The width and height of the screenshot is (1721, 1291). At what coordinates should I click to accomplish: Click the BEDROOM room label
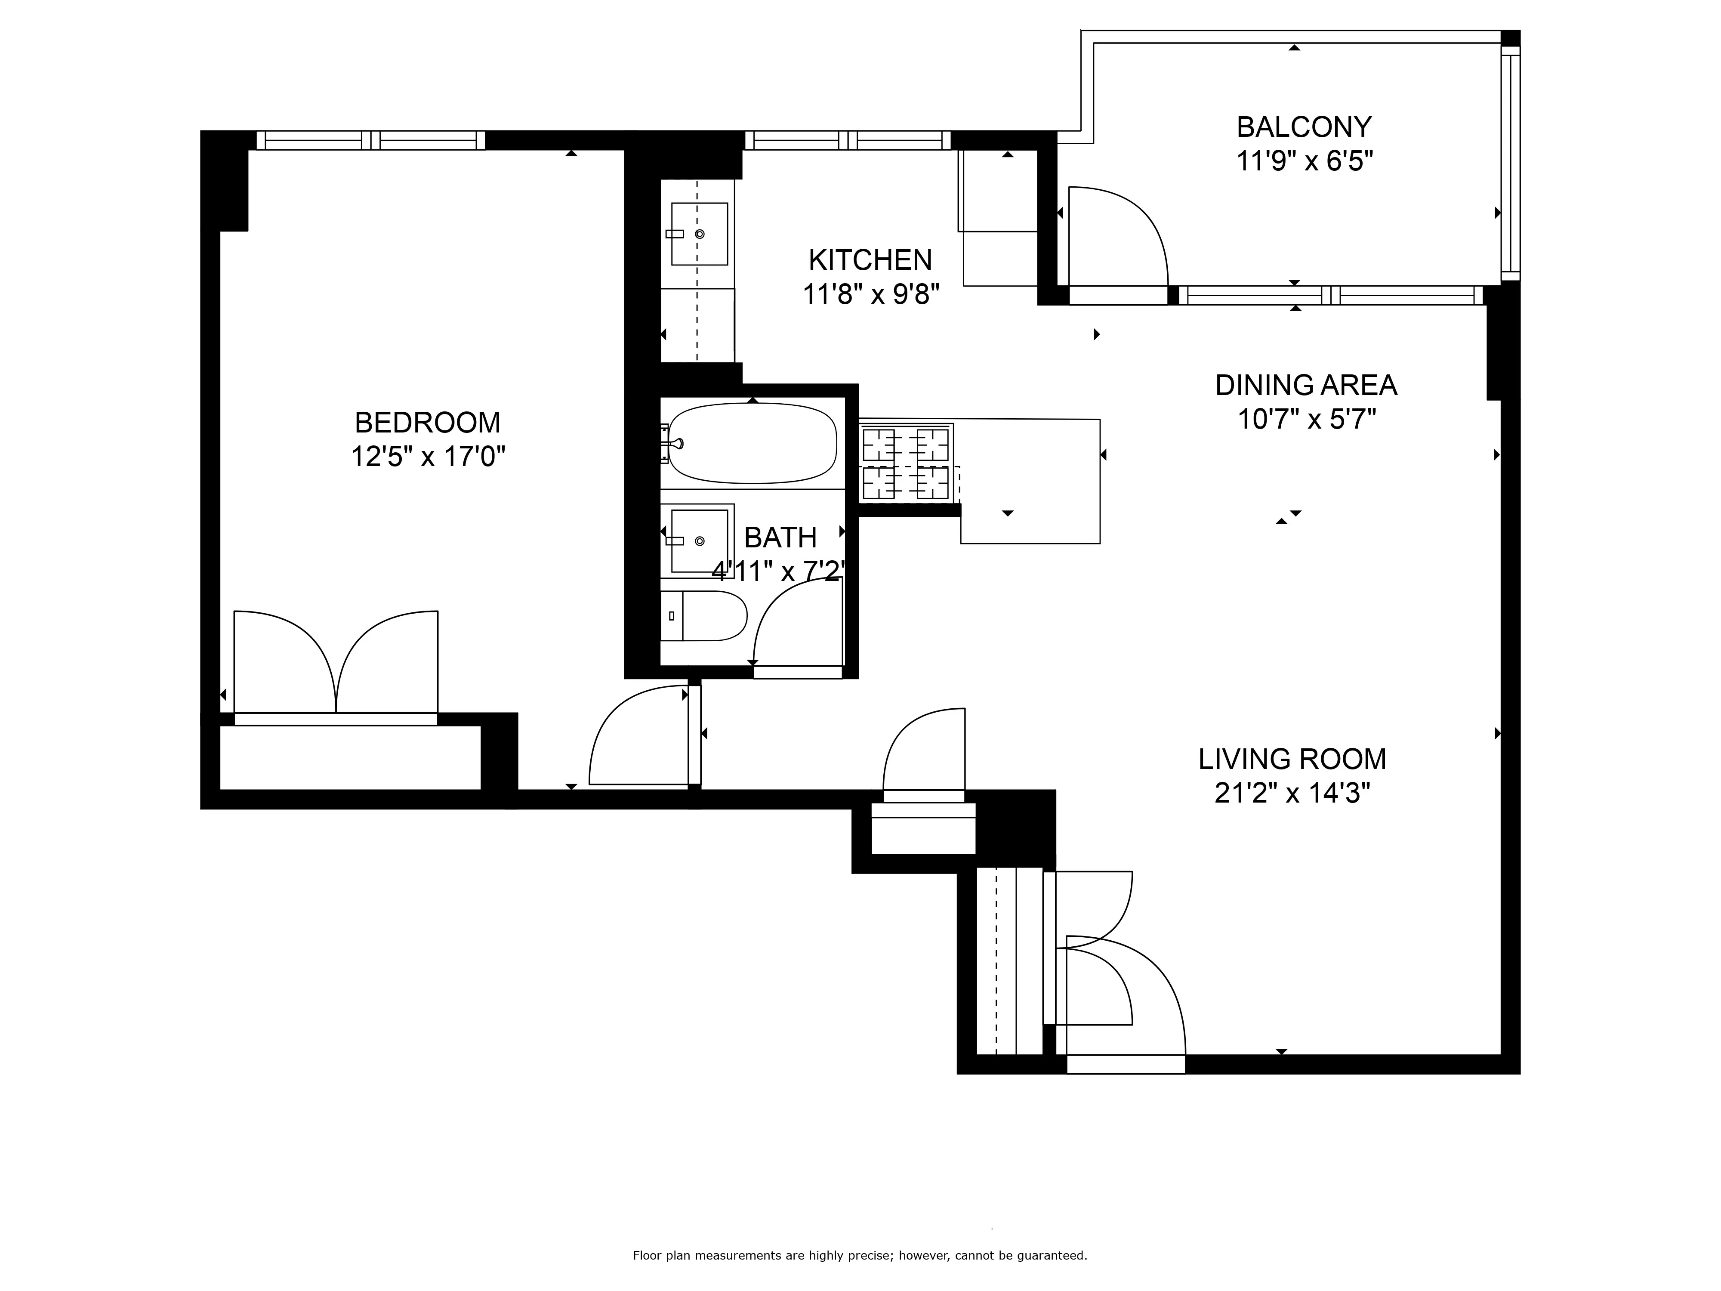click(427, 423)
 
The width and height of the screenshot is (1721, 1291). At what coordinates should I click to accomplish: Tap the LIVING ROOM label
click(1292, 759)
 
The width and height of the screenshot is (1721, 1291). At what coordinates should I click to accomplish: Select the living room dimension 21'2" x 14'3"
click(1292, 794)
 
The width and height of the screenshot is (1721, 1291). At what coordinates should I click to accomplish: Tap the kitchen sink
click(699, 233)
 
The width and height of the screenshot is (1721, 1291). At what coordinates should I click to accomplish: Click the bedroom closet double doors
click(336, 665)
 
